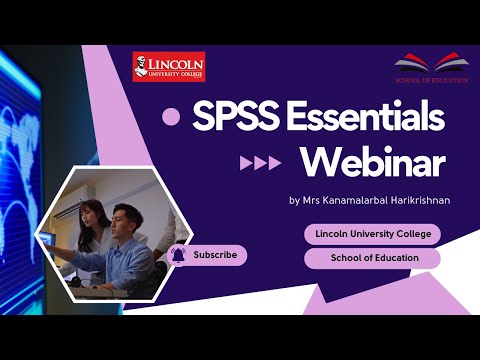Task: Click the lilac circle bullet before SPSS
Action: coord(171,118)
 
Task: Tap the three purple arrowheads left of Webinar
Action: coord(260,163)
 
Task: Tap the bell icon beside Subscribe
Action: coord(178,255)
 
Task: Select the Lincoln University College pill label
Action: coord(372,234)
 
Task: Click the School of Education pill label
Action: coord(372,259)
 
